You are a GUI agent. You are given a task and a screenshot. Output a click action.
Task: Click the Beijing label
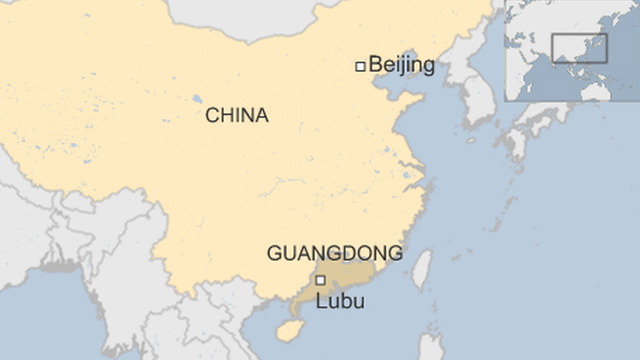(402, 66)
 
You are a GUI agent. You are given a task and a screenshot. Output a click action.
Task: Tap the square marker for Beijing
(360, 66)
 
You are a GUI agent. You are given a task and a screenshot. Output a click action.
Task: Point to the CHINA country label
(237, 116)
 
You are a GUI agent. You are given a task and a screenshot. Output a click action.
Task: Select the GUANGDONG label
(334, 254)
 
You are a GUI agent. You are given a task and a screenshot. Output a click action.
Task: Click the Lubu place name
(340, 301)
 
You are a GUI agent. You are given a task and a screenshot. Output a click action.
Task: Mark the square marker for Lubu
(320, 280)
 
